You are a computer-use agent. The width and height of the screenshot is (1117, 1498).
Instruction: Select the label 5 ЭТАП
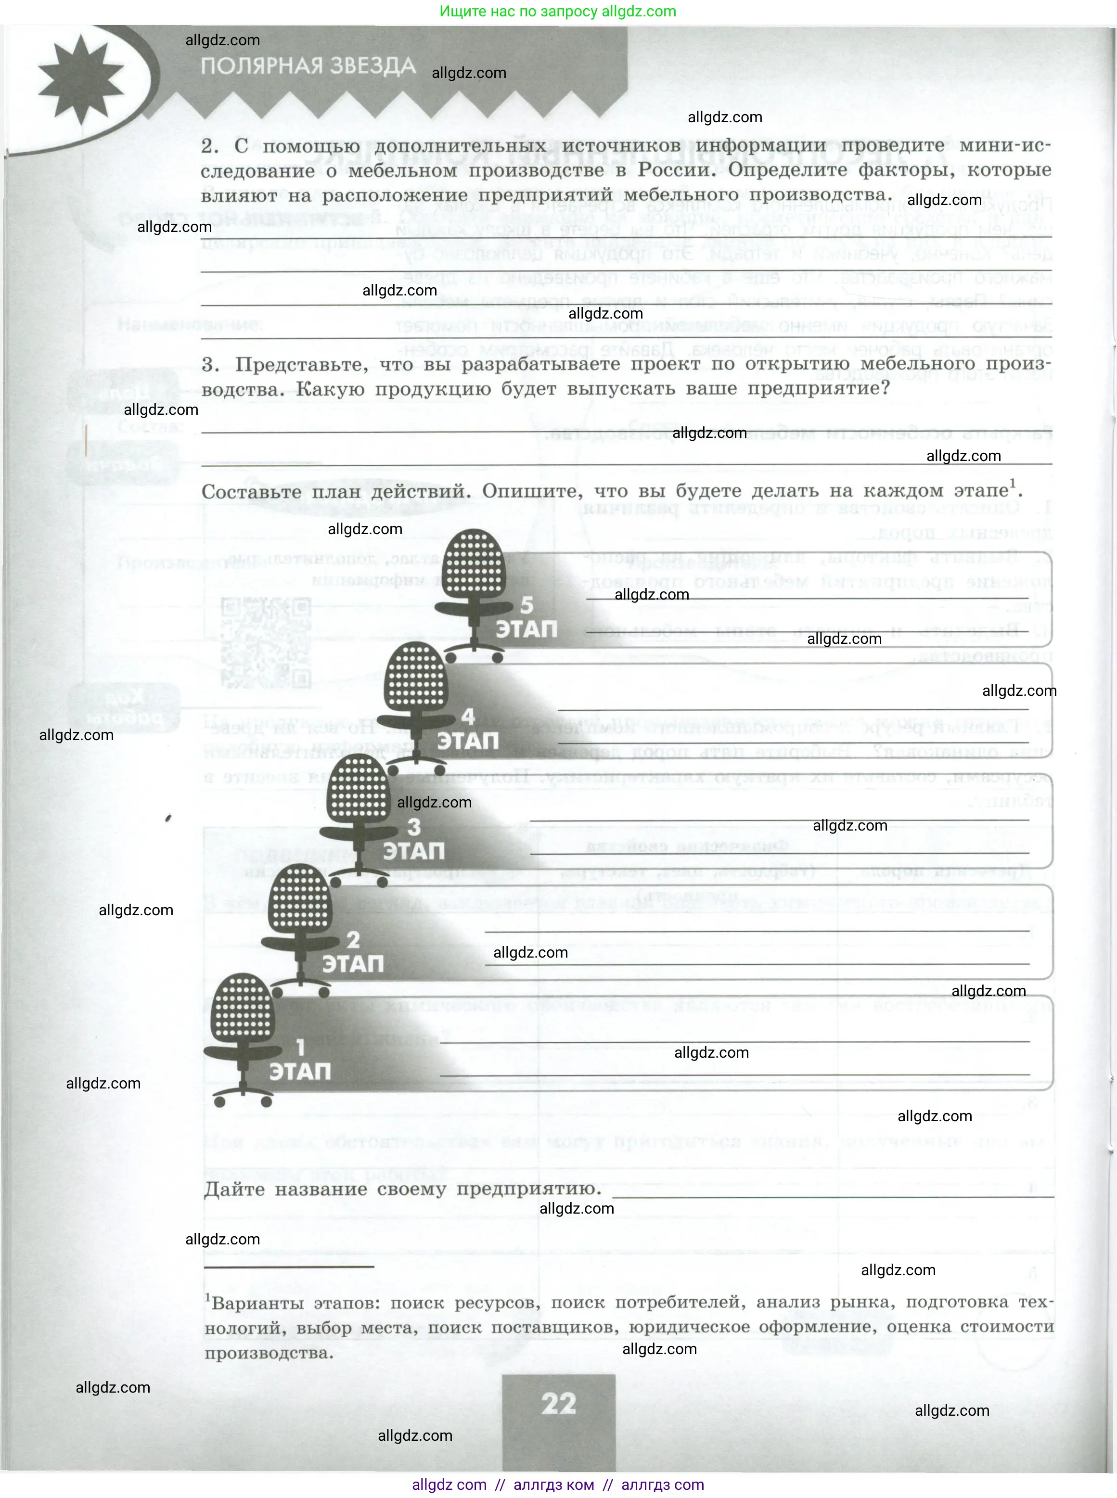tap(526, 618)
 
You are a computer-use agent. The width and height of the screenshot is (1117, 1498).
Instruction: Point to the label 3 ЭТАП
tap(414, 840)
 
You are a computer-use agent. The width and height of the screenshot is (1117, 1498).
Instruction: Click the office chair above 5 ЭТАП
tap(473, 588)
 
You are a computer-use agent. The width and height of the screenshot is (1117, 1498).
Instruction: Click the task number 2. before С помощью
tap(210, 146)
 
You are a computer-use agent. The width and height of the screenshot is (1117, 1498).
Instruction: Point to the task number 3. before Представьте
tap(210, 365)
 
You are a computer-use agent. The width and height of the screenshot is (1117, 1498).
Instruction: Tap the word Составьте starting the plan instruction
tap(252, 492)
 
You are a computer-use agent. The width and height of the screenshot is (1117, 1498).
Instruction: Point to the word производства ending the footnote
tap(269, 1353)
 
